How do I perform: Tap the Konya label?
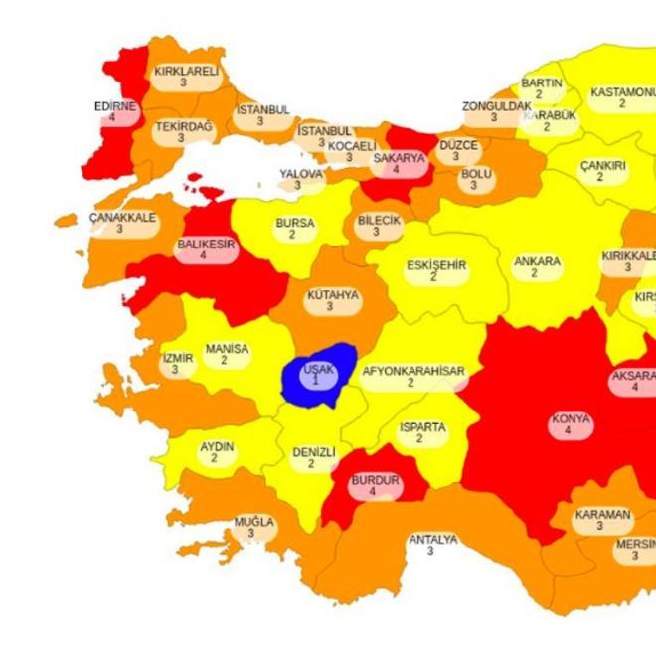click(x=570, y=424)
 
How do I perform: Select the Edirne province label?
click(x=114, y=111)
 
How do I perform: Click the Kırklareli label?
click(x=185, y=77)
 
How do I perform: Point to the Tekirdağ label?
click(x=183, y=132)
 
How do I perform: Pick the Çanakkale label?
click(x=122, y=222)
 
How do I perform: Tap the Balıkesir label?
click(x=205, y=248)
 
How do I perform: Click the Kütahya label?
click(x=332, y=300)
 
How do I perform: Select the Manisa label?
click(x=226, y=355)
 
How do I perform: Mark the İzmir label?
click(x=177, y=364)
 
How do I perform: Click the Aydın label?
click(x=217, y=453)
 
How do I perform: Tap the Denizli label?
click(x=313, y=457)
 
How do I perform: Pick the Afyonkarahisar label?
click(x=411, y=376)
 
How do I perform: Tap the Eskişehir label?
click(x=435, y=270)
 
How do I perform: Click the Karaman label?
click(x=601, y=520)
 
